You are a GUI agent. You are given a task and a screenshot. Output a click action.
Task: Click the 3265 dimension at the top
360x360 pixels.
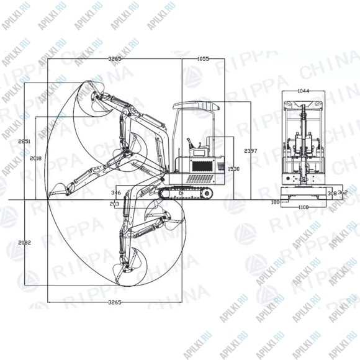click(114, 58)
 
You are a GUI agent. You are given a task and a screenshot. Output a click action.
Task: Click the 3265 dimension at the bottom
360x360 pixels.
click(114, 302)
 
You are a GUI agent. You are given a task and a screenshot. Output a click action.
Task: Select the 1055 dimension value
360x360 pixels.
click(202, 58)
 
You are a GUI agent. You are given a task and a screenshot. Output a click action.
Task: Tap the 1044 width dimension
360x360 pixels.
click(303, 91)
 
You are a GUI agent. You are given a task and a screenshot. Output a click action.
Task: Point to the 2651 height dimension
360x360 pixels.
click(24, 142)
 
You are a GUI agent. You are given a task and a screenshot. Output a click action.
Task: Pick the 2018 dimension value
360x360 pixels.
click(36, 159)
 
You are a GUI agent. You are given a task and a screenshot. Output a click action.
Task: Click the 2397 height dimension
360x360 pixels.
click(250, 151)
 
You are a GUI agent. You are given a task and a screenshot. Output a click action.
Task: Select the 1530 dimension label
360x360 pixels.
click(233, 169)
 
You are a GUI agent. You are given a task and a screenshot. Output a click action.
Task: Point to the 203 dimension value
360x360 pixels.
click(114, 204)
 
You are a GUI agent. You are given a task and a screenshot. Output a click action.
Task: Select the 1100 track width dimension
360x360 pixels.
click(302, 207)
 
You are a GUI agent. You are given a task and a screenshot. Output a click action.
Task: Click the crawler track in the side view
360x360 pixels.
click(186, 193)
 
